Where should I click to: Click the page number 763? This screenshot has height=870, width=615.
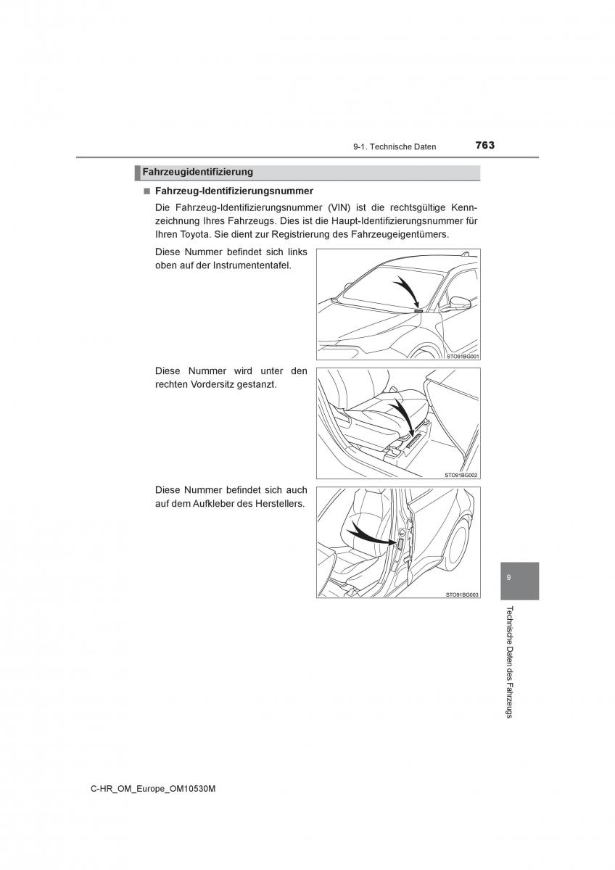(484, 145)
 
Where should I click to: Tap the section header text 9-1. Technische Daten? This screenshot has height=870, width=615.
(395, 146)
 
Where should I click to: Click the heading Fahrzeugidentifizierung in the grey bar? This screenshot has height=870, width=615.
(198, 172)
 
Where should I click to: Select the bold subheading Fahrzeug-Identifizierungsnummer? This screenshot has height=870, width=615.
(234, 191)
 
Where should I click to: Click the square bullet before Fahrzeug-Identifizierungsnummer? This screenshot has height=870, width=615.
(146, 191)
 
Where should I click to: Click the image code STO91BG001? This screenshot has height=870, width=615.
(463, 356)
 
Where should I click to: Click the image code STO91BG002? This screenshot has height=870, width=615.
(461, 475)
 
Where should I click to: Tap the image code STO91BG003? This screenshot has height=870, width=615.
(462, 594)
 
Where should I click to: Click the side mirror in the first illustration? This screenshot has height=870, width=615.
(460, 302)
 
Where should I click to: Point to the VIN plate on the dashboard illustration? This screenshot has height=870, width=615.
(418, 310)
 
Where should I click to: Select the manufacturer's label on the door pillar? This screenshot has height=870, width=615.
(400, 544)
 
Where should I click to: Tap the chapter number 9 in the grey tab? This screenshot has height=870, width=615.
(508, 577)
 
